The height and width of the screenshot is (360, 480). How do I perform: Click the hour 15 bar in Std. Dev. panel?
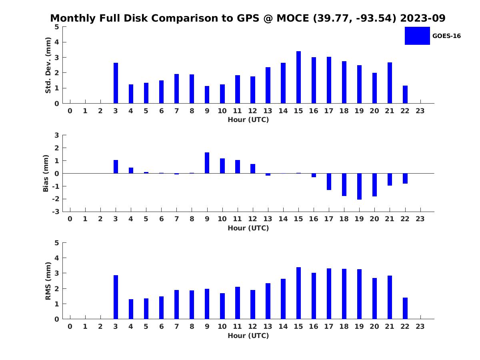click(x=298, y=77)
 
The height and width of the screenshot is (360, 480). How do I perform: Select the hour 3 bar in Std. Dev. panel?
click(x=116, y=83)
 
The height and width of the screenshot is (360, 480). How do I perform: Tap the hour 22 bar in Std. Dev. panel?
click(x=405, y=94)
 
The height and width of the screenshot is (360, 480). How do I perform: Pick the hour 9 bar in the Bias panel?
click(x=207, y=163)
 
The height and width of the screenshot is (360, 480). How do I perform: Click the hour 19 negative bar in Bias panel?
click(x=359, y=186)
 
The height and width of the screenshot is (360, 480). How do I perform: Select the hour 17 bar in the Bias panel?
click(x=329, y=182)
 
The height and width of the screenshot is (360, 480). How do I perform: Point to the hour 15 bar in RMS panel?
click(x=298, y=293)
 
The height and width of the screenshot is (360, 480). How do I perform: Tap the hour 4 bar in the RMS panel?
click(x=131, y=309)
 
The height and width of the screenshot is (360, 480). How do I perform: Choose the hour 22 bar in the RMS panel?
click(x=405, y=308)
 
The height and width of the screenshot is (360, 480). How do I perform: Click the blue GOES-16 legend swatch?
click(x=417, y=36)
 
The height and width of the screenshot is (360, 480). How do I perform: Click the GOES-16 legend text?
click(x=446, y=36)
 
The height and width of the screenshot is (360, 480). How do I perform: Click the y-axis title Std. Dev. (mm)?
click(x=48, y=65)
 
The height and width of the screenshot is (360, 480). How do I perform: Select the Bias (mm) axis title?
click(x=46, y=173)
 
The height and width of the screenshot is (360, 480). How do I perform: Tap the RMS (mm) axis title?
click(x=48, y=281)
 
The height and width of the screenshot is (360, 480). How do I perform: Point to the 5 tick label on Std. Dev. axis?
click(x=57, y=27)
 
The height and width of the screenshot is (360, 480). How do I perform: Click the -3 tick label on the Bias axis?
click(x=56, y=212)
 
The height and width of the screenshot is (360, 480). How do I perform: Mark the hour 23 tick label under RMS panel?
click(x=420, y=326)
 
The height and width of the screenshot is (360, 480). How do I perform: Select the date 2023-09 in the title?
click(x=422, y=18)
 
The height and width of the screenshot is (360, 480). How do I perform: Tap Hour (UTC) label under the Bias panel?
click(x=248, y=228)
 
